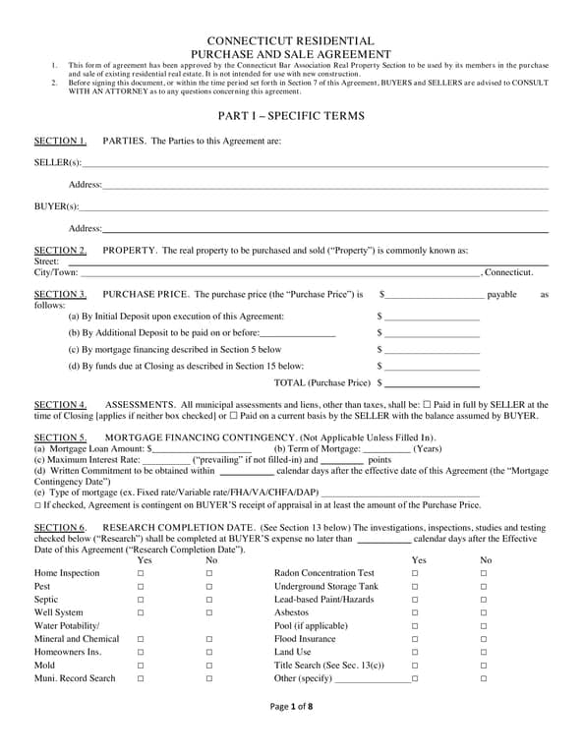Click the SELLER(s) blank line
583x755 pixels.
(315, 164)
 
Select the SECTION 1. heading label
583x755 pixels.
(60, 141)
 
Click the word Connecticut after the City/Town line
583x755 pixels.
(508, 272)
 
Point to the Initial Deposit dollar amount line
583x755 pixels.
(432, 319)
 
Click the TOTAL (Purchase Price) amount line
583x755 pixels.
(432, 383)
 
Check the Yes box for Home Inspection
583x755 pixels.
(141, 572)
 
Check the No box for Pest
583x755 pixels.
(209, 586)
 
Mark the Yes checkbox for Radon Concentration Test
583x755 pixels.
(414, 572)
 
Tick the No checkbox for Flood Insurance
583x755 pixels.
(483, 639)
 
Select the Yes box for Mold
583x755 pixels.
(141, 666)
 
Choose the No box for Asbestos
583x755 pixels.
(483, 612)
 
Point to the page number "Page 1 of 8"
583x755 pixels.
(291, 733)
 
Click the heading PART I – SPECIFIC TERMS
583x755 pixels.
(291, 116)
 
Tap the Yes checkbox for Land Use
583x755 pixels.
(414, 652)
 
